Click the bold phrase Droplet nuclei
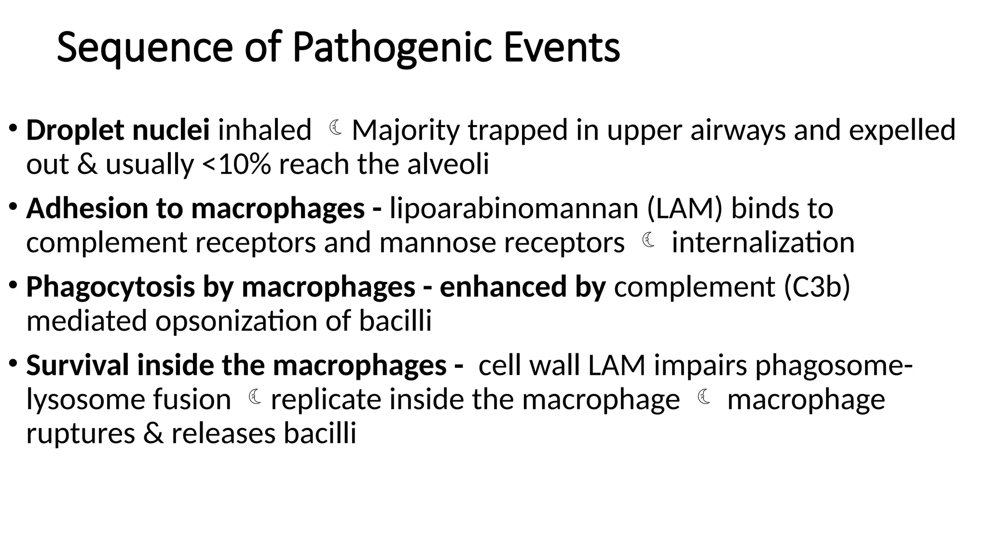pos(118,130)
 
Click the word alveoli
pos(448,165)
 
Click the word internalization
pos(763,243)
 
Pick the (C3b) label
pos(817,287)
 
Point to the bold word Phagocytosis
pos(110,287)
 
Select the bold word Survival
pos(78,365)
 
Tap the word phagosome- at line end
pos(834,365)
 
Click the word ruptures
pos(81,433)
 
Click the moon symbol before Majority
pos(336,128)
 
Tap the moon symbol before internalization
pos(648,240)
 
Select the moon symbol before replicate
pos(255,398)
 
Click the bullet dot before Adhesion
pos(13,207)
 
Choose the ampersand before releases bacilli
pos(153,433)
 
